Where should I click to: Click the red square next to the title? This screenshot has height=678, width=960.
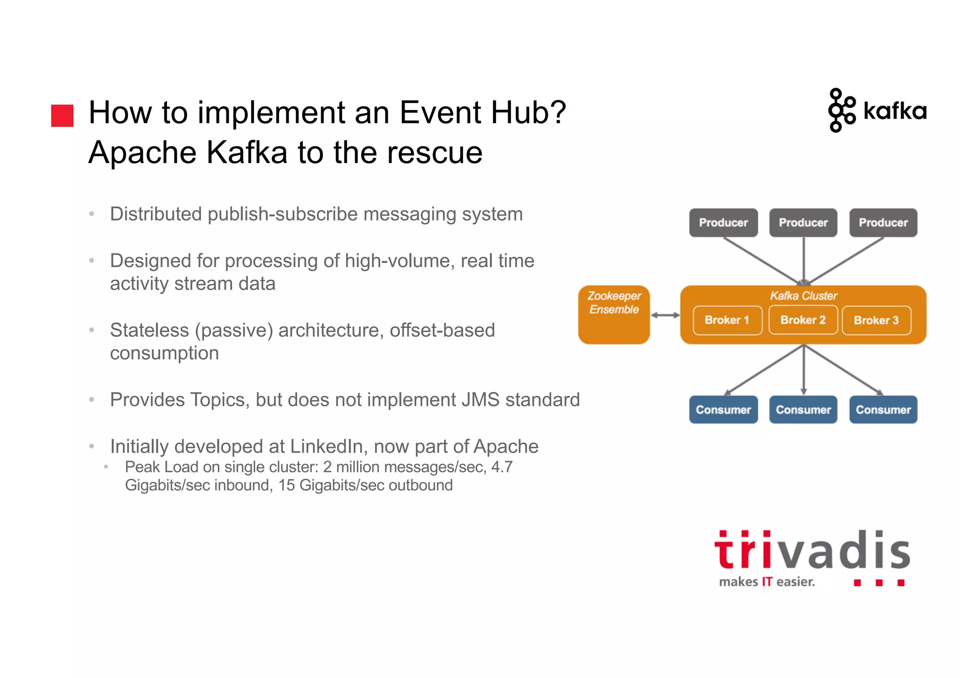pos(62,116)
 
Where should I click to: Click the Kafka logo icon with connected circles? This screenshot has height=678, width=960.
pos(841,111)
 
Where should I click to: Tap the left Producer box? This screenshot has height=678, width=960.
pos(723,223)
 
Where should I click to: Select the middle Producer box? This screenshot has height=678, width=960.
pos(803,223)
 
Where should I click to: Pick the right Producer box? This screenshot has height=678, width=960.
pos(883,223)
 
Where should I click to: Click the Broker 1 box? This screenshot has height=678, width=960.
pos(727,320)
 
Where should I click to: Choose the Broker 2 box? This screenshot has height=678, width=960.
pos(803,320)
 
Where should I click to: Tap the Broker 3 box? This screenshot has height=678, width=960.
pos(876,320)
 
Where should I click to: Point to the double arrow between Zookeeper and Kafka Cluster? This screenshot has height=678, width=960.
pos(665,315)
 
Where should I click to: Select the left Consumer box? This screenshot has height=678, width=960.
pos(723,410)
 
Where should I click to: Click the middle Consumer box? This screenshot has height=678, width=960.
pos(803,410)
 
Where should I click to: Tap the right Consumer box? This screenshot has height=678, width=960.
pos(883,410)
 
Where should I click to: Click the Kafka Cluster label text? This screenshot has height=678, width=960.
pos(803,296)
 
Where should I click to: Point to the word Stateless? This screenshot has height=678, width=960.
pos(149,330)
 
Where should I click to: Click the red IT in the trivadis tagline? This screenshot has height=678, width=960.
pos(767,582)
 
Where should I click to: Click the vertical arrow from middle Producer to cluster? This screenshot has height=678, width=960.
pos(803,260)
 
